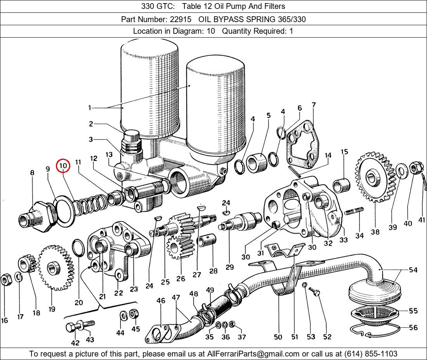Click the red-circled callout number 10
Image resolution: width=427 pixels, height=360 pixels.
point(63,166)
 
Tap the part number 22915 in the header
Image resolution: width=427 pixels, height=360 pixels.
point(182,19)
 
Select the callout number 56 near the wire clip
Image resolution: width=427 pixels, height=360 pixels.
point(413,328)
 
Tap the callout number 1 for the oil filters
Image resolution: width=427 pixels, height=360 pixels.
point(89,108)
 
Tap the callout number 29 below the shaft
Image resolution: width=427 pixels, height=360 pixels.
point(229,267)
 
